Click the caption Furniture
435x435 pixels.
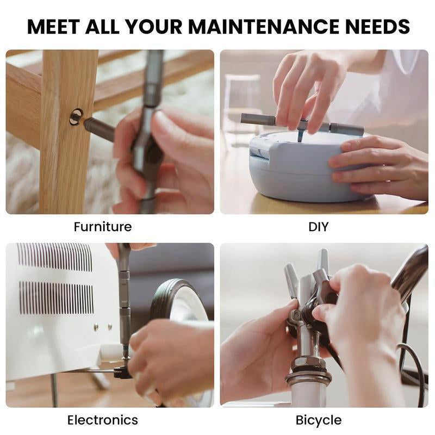103,226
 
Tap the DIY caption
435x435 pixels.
318,226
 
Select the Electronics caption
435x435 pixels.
102,420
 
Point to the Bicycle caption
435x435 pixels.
319,420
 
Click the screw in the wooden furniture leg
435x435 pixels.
76,116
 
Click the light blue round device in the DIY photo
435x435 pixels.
294,169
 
